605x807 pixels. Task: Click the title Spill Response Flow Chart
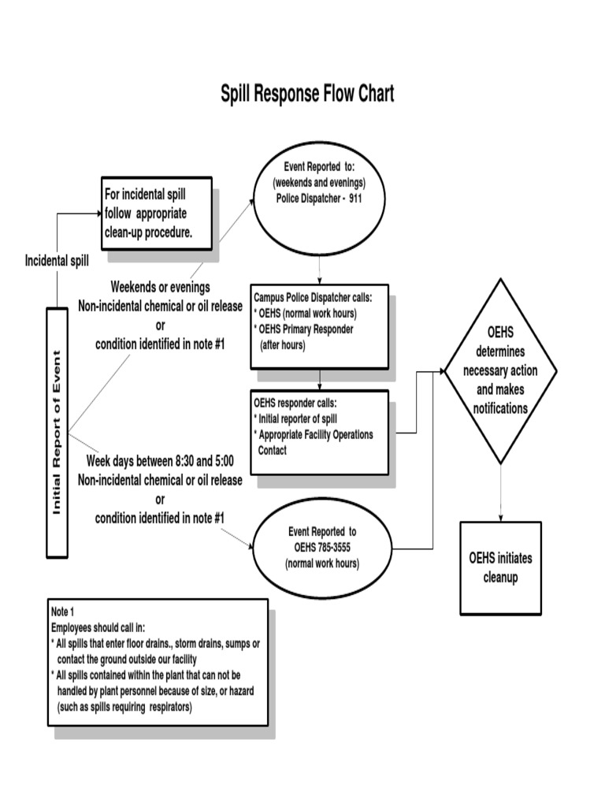(x=306, y=95)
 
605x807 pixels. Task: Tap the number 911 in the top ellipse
(x=352, y=198)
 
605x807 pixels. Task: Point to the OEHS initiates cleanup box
(x=500, y=567)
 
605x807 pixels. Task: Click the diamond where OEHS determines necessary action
(x=500, y=370)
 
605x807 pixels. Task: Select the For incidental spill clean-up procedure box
(x=157, y=213)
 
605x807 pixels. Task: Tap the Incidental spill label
(x=57, y=260)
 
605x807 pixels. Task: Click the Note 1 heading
(x=62, y=612)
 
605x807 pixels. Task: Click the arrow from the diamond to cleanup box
(x=500, y=493)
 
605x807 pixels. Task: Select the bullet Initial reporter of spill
(x=295, y=419)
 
